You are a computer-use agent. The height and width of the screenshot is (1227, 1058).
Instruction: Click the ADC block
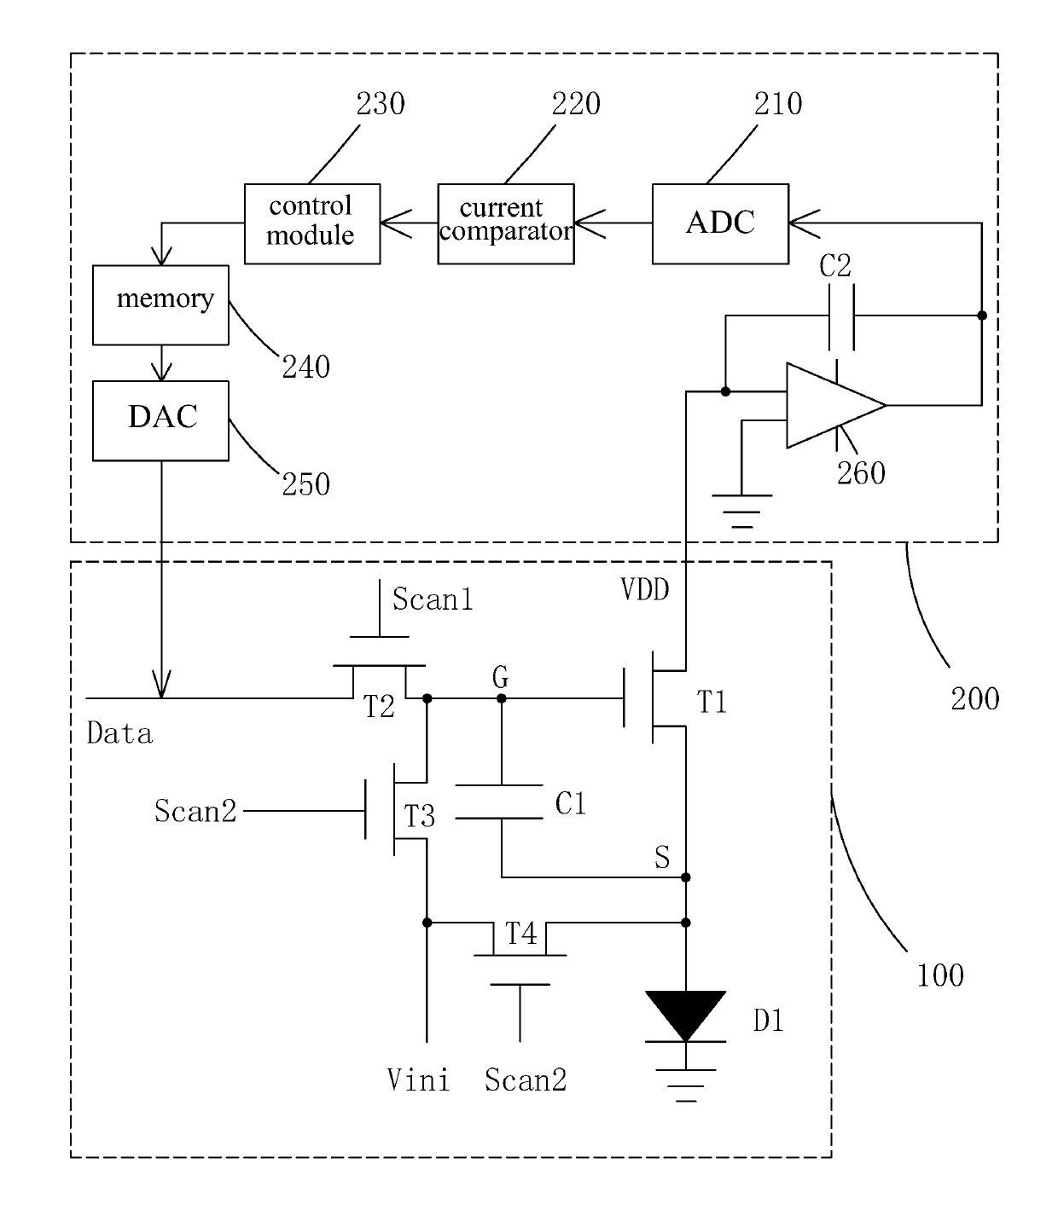[720, 223]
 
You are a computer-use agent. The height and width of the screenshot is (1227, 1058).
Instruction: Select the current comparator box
[505, 223]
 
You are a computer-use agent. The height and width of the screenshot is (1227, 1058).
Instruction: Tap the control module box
[312, 223]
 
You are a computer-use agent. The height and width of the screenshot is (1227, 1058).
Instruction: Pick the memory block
[160, 305]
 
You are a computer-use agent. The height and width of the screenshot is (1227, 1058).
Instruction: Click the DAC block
[160, 421]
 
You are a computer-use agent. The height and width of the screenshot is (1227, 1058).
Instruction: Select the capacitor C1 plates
[499, 802]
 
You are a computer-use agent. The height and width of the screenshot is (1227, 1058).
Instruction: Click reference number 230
[381, 104]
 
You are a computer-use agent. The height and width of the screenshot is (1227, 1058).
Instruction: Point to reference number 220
[576, 104]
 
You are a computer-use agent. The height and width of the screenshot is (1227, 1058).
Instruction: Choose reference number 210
[777, 104]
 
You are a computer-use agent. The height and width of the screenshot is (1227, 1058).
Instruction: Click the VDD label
[644, 589]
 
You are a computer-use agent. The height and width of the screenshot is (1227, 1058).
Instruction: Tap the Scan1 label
[433, 599]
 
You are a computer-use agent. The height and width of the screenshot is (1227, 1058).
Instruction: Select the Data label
[119, 733]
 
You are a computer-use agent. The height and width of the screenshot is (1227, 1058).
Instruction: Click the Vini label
[417, 1079]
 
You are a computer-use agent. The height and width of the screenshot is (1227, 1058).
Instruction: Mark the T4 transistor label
[521, 934]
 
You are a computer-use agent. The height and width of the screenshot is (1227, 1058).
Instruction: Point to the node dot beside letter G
[502, 698]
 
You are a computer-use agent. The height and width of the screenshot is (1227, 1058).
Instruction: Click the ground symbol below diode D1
[685, 1085]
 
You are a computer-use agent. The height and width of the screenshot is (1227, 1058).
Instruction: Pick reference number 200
[975, 699]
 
